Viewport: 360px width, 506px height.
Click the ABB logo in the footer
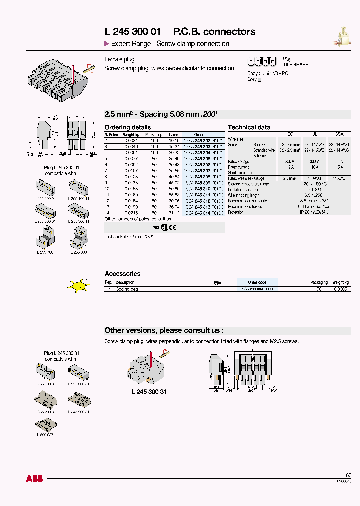coord(34,479)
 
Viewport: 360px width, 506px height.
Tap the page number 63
coord(348,475)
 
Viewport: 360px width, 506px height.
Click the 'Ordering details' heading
coord(127,127)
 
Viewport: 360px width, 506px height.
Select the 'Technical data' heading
coord(249,127)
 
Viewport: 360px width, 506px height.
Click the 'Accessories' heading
coord(122,274)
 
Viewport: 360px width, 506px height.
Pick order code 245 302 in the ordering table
coord(203,141)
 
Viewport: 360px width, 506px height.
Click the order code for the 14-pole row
coord(203,213)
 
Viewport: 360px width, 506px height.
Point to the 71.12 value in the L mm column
coord(174,213)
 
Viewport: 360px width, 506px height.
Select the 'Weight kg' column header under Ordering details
coord(131,135)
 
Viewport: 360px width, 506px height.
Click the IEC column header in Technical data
coord(290,134)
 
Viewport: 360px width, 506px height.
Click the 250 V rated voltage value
coord(289,161)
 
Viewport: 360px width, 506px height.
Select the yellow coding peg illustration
coord(78,286)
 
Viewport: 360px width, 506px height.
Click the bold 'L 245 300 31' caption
coord(149,392)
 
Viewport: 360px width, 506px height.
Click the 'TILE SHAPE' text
coord(295,65)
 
